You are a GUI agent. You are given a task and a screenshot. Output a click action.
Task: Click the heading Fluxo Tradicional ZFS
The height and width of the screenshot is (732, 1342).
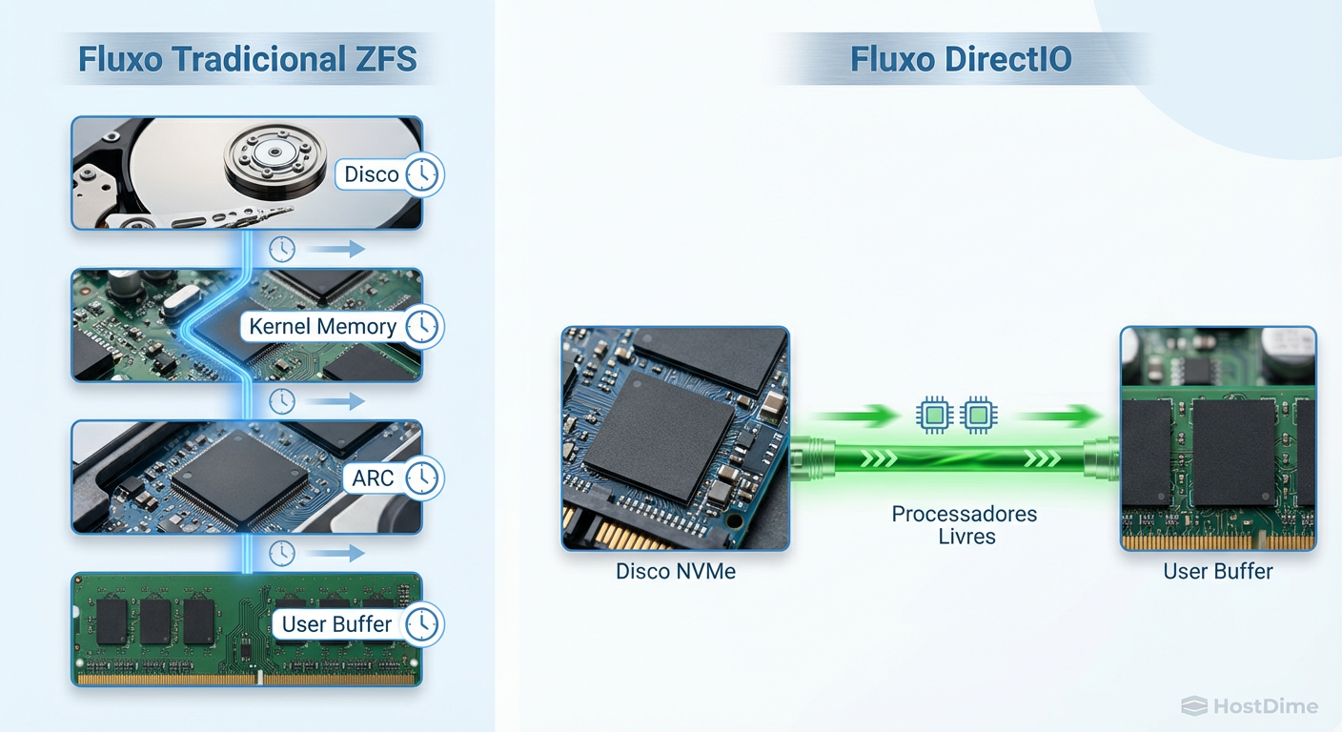click(x=247, y=59)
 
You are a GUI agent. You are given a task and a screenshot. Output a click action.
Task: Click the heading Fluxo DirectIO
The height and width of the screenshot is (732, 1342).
click(x=961, y=59)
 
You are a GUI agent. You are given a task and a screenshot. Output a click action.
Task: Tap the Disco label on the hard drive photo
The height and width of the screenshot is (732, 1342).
click(x=371, y=174)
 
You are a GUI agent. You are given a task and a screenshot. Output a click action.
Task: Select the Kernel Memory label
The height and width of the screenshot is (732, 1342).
click(x=322, y=326)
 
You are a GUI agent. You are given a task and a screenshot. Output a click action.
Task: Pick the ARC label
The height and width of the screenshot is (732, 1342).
click(x=373, y=478)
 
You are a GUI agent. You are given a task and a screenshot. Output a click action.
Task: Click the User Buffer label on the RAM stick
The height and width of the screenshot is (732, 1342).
click(x=336, y=624)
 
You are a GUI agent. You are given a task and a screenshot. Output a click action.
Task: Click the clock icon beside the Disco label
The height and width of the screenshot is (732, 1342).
click(x=422, y=174)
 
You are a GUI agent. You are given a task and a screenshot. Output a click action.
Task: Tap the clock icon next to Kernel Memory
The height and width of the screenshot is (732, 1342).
click(x=422, y=326)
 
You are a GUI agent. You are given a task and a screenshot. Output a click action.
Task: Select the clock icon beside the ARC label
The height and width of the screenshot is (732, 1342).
click(x=422, y=478)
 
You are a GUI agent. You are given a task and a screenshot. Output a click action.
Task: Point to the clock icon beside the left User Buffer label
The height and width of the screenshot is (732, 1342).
click(x=422, y=624)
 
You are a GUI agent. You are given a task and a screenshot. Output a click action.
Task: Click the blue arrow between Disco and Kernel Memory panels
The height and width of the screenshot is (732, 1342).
click(x=338, y=250)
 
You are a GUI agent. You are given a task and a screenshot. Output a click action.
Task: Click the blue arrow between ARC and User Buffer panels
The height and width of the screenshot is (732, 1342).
click(x=338, y=553)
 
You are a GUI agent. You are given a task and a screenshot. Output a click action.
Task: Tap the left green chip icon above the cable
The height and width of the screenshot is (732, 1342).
click(x=934, y=415)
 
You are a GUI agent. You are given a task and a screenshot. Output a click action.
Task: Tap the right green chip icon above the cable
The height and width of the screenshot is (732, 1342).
click(x=977, y=415)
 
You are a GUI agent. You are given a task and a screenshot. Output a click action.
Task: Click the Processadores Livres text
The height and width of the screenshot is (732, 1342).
click(x=965, y=525)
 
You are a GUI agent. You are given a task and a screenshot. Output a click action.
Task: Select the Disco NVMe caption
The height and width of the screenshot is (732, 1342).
click(x=675, y=572)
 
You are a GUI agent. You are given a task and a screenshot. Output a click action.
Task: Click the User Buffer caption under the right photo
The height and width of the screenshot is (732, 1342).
click(x=1217, y=572)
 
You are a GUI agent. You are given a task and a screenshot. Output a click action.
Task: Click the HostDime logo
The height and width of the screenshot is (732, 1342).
click(x=1250, y=706)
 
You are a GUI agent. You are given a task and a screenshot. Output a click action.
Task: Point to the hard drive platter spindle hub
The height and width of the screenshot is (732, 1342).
click(x=274, y=152)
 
